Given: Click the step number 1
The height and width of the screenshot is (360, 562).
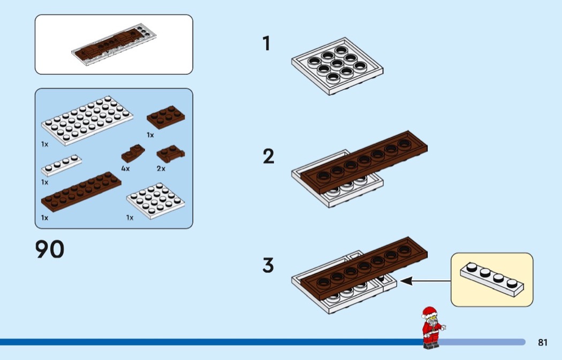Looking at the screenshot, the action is (x=266, y=43).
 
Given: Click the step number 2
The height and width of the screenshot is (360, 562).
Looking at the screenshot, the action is (x=269, y=157).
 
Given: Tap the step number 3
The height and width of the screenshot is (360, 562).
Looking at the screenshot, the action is (x=268, y=265).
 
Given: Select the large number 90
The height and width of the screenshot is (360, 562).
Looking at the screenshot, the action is (x=50, y=249).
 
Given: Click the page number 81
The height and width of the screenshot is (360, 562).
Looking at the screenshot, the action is (x=543, y=342).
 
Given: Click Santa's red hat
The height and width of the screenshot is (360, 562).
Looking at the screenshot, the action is (x=429, y=312).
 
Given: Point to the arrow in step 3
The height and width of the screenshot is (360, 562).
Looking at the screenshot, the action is (x=425, y=281).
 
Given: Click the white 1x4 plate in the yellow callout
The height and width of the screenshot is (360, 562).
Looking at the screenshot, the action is (x=492, y=280).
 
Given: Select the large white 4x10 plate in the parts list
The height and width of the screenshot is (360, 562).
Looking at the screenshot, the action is (x=87, y=120).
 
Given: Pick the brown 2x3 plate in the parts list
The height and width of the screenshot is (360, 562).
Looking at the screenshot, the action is (x=165, y=117).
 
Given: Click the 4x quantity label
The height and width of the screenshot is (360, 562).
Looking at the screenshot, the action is (x=125, y=168).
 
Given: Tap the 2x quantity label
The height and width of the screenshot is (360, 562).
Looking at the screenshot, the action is (x=161, y=168).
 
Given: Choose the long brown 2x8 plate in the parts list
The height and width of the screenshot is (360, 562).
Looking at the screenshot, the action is (x=81, y=192).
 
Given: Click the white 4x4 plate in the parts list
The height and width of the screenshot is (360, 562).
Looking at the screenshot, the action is (x=156, y=201).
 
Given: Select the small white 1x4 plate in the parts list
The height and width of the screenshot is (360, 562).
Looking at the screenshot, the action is (x=62, y=165).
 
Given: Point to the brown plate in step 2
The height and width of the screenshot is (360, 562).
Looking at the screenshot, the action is (x=364, y=162).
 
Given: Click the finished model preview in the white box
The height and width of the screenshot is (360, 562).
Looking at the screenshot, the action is (x=114, y=45).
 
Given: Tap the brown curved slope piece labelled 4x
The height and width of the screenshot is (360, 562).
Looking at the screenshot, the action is (x=133, y=154).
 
